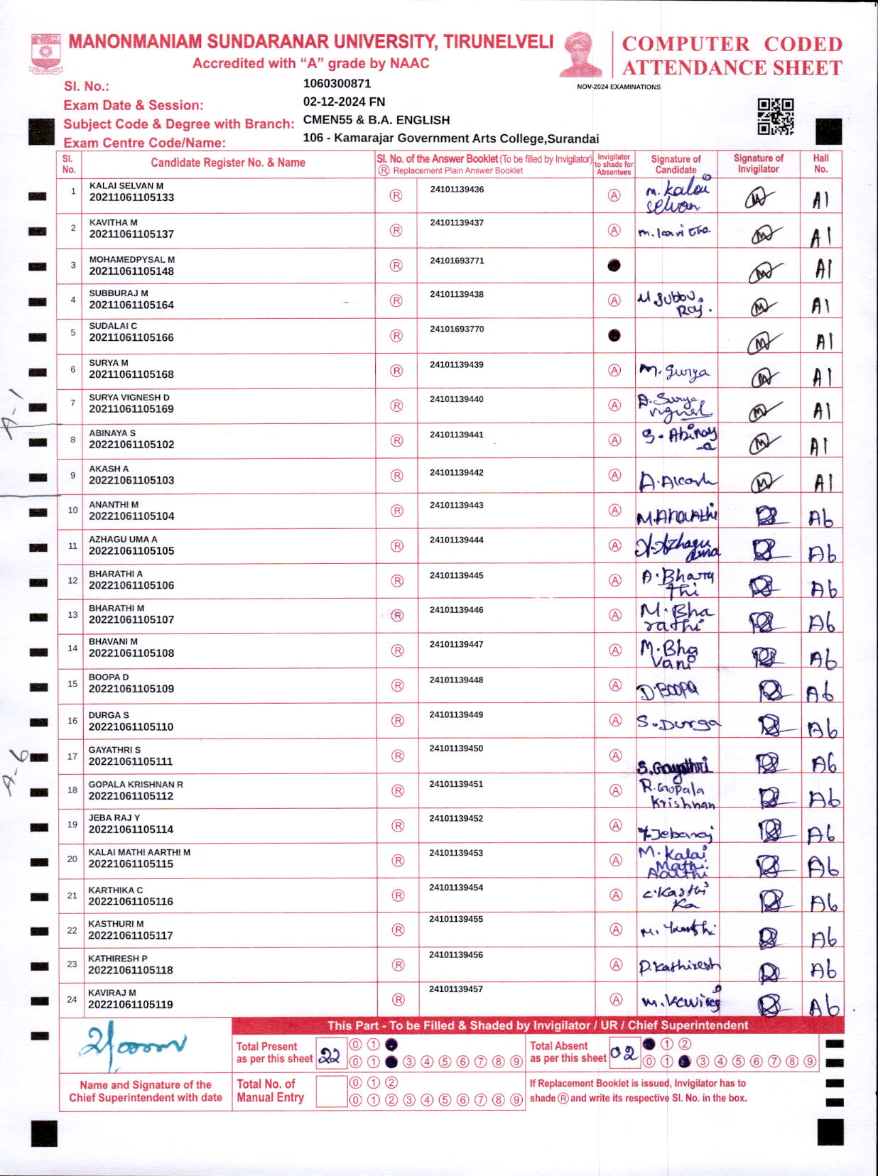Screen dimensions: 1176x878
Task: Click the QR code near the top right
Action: [775, 116]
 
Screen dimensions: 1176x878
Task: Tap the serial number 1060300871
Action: [337, 84]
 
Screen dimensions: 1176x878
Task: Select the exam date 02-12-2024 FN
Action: [344, 102]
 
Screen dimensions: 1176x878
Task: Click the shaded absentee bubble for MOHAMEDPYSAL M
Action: [614, 266]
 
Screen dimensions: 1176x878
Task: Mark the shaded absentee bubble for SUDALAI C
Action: [614, 335]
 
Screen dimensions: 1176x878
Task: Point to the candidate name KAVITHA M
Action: [114, 222]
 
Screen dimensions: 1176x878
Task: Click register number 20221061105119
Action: [131, 1004]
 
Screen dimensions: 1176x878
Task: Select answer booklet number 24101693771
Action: [457, 261]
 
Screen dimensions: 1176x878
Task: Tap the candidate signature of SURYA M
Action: [674, 371]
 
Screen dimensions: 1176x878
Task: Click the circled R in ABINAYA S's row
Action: [397, 440]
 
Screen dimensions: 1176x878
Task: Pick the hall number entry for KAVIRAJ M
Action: [823, 1006]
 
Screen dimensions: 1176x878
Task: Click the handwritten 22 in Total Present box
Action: [330, 1056]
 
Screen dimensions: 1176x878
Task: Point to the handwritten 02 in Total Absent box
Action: [624, 1053]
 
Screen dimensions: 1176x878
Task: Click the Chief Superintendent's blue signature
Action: [134, 1045]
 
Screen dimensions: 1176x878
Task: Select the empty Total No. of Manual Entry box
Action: [330, 1091]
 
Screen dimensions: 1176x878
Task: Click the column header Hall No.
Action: [820, 164]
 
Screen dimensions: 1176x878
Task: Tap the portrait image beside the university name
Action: [581, 54]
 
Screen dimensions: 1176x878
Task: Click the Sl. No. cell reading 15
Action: [72, 684]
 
